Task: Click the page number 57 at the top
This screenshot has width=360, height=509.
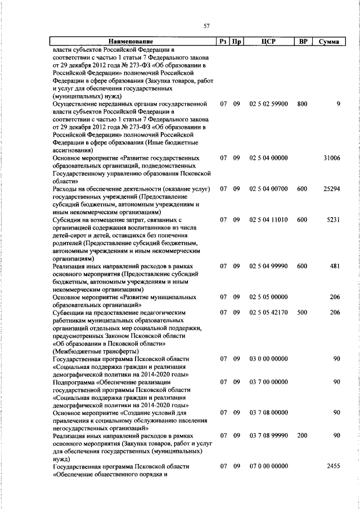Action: coord(206,25)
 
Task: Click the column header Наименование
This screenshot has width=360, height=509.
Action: coord(130,42)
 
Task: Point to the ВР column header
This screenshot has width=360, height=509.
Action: coord(303,42)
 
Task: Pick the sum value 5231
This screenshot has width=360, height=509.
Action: coord(334,220)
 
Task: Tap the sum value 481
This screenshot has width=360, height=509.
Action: coord(335,266)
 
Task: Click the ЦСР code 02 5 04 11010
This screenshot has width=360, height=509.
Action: coord(268,220)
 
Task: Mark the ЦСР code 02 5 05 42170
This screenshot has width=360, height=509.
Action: coord(268,312)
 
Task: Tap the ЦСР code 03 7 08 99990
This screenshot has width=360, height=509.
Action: coord(268,436)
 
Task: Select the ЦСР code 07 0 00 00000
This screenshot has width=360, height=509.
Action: coord(268,466)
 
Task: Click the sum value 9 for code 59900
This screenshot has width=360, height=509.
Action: coord(339,104)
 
